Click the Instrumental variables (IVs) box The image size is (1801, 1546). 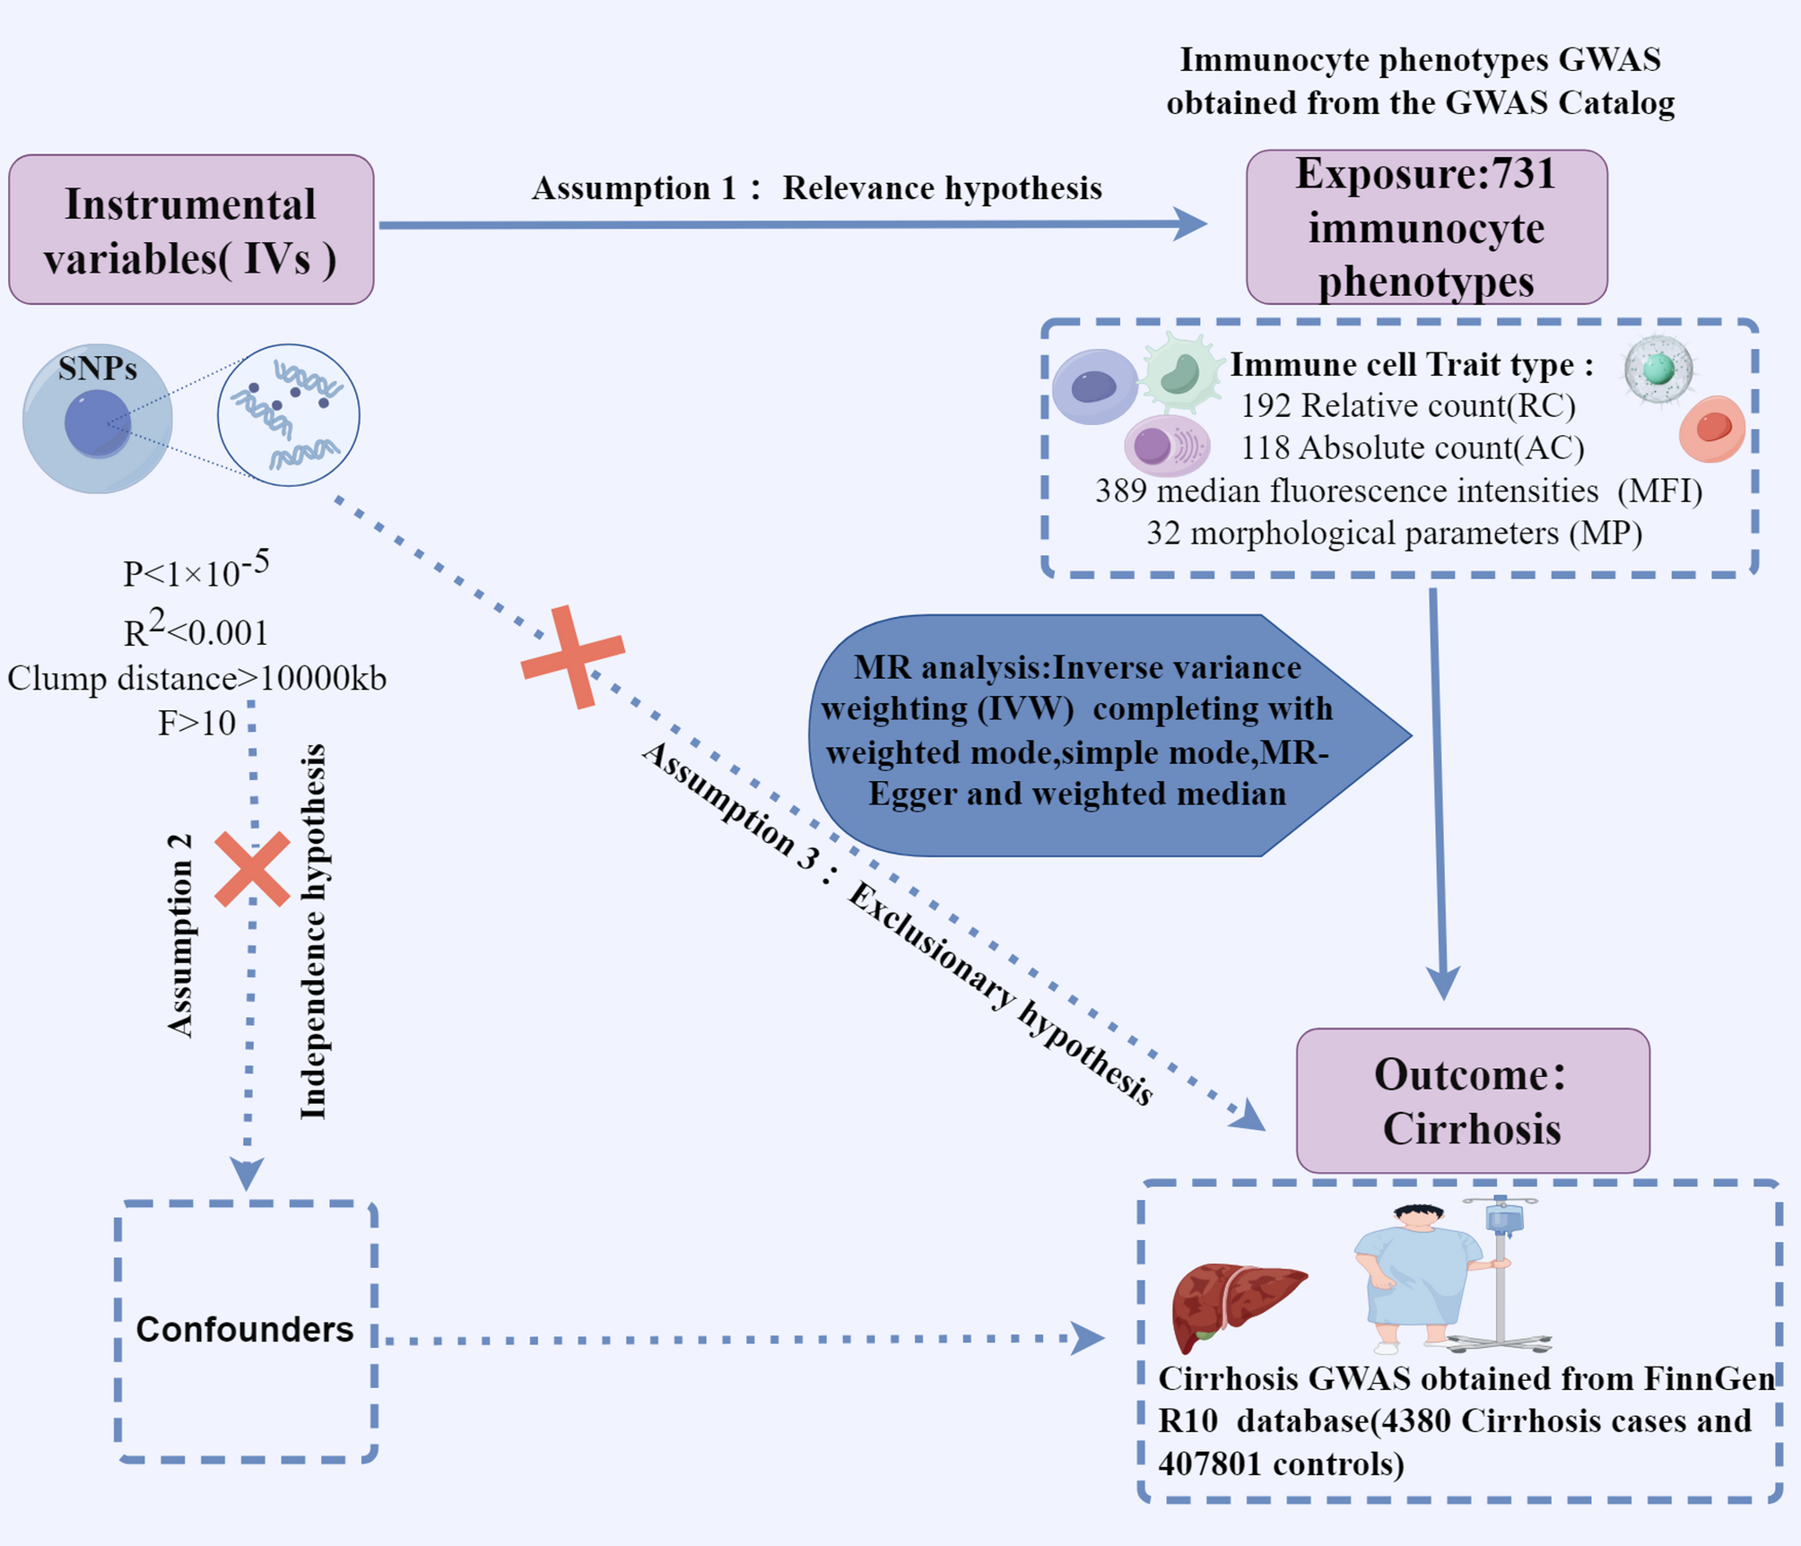[x=191, y=230]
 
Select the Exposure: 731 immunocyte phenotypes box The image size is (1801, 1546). [x=1426, y=228]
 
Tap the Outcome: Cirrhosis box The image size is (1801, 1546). [x=1472, y=1101]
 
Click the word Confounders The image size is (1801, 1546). [x=244, y=1329]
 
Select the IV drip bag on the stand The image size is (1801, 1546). [x=1504, y=1219]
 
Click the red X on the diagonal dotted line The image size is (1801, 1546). [x=572, y=656]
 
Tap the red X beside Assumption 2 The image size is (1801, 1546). [x=252, y=869]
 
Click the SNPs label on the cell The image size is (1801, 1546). [x=97, y=369]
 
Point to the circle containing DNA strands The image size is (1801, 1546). [x=288, y=415]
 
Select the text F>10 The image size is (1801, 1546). [x=196, y=723]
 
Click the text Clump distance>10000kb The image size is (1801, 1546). [x=196, y=678]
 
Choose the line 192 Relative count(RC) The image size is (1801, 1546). [x=1407, y=406]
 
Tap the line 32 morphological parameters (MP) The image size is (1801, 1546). [x=1394, y=534]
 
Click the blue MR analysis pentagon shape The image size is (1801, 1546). [x=1076, y=735]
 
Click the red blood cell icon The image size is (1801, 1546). [x=1711, y=429]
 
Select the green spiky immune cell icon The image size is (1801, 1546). [x=1180, y=372]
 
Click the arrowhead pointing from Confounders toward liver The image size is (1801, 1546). [x=1088, y=1338]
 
